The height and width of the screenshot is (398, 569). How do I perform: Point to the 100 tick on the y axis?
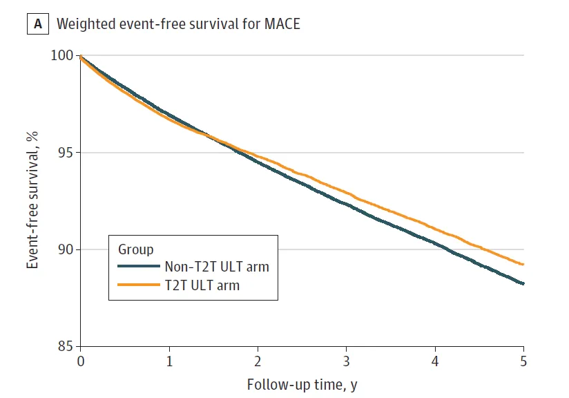tap(64, 55)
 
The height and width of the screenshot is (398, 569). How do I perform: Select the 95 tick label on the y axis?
tap(66, 153)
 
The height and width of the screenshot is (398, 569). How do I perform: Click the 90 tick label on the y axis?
tap(66, 249)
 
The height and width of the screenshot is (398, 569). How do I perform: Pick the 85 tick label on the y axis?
tap(66, 346)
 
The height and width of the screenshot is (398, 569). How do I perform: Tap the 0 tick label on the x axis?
tap(81, 361)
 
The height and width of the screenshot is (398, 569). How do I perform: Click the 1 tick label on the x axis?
tap(169, 361)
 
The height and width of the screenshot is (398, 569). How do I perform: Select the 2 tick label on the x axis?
tap(258, 361)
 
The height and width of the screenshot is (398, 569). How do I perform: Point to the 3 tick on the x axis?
tap(347, 361)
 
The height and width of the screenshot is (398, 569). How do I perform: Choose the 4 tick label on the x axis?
tap(435, 361)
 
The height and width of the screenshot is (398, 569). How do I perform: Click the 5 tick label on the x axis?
tap(523, 361)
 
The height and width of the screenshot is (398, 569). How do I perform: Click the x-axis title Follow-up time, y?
tap(302, 384)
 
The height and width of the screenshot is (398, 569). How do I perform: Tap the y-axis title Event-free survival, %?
tap(32, 201)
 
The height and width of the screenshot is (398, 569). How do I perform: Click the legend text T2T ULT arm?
tap(202, 284)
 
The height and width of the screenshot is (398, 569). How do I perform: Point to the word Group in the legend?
tap(136, 249)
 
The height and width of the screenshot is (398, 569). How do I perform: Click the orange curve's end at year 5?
tap(523, 264)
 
